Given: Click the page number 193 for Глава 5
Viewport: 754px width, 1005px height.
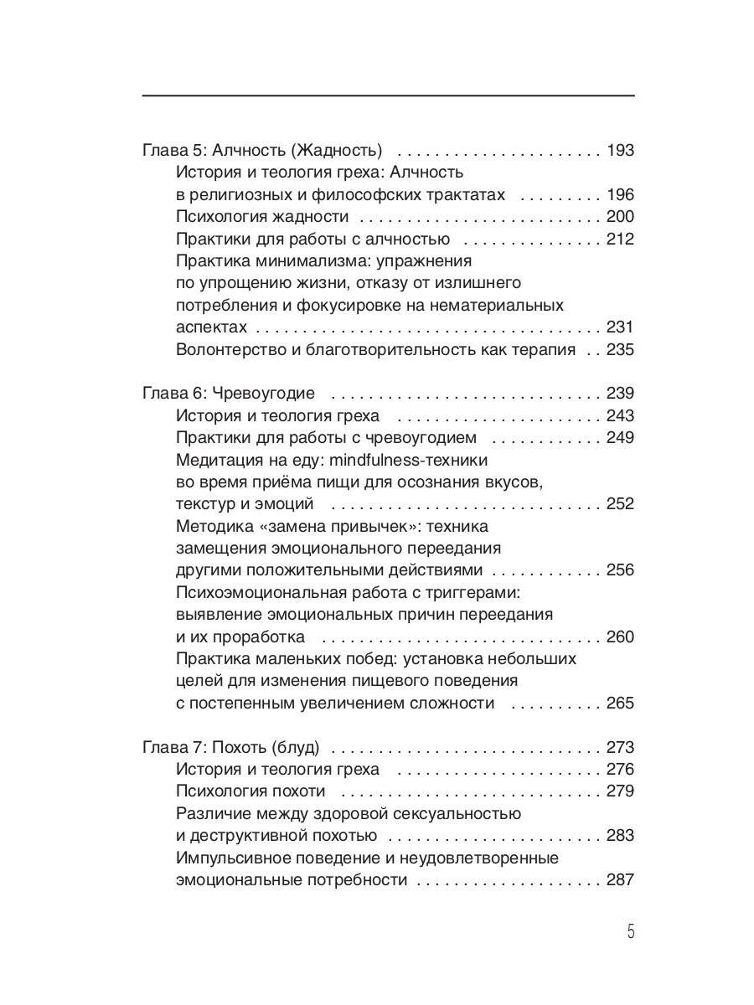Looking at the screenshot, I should click(621, 152).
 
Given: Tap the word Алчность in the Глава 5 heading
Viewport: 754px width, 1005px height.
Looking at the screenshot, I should click(250, 152).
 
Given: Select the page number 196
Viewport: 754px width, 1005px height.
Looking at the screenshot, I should click(621, 195).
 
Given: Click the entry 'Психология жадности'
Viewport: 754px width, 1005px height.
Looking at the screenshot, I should click(262, 217).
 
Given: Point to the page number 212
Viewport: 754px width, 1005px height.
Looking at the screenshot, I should click(621, 240).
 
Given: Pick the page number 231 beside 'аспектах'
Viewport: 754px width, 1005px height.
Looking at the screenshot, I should click(621, 327).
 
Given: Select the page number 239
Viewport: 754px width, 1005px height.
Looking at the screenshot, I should click(621, 394).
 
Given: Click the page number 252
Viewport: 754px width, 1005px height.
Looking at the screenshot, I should click(621, 504).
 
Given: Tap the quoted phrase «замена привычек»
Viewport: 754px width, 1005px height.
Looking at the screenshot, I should click(351, 527).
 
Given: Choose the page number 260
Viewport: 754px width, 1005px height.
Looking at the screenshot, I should click(621, 637).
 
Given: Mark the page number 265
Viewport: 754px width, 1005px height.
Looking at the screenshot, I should click(621, 703).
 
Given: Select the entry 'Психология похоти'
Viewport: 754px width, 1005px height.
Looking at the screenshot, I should click(251, 791).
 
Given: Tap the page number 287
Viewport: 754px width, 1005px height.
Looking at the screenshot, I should click(621, 880).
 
